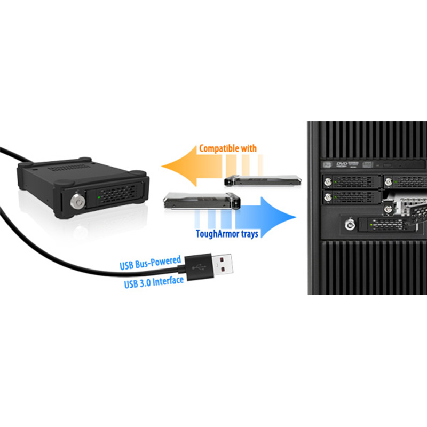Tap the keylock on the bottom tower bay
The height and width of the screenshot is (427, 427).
tap(350, 225)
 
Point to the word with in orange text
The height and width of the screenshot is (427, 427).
tap(249, 148)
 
